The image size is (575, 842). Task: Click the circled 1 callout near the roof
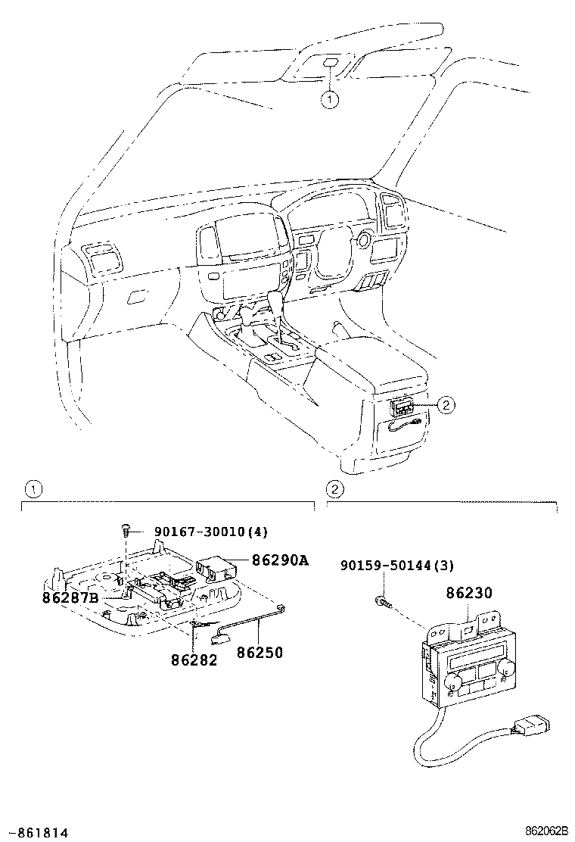click(329, 99)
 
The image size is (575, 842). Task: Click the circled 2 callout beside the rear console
click(446, 405)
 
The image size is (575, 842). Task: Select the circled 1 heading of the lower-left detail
click(30, 488)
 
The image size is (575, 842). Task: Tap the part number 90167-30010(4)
click(210, 532)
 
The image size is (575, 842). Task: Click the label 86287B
click(70, 597)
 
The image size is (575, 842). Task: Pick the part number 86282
click(194, 660)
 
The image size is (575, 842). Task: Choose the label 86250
click(260, 652)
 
